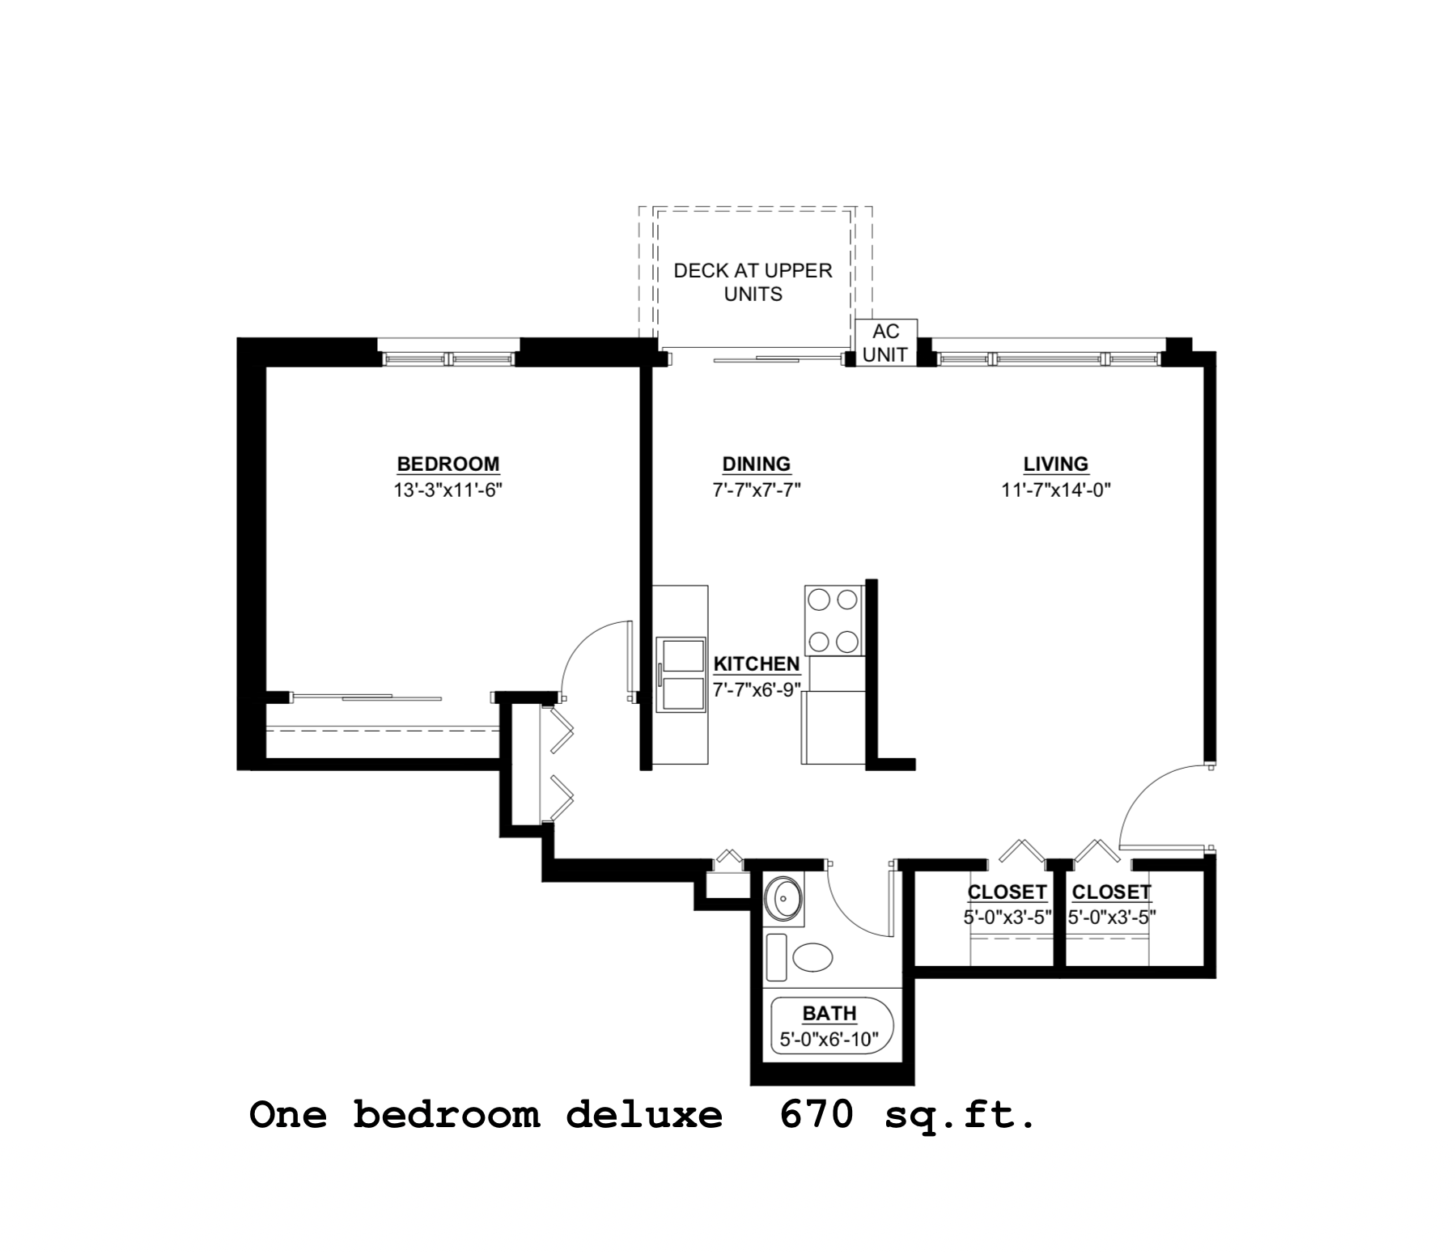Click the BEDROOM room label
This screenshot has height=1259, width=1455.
448,464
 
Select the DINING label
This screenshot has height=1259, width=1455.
756,464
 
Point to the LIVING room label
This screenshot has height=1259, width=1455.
1055,464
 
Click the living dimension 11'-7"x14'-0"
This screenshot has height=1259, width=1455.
1055,490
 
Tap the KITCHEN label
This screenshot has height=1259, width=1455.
756,663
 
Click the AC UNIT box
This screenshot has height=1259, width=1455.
886,343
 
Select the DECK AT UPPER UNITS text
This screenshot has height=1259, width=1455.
753,282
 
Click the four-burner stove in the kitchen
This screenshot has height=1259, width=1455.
834,621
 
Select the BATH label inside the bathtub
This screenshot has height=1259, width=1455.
829,1013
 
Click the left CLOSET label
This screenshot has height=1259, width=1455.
1007,892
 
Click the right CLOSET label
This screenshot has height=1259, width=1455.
1111,892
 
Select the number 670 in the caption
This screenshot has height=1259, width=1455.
817,1116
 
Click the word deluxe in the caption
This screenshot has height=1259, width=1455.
643,1116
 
